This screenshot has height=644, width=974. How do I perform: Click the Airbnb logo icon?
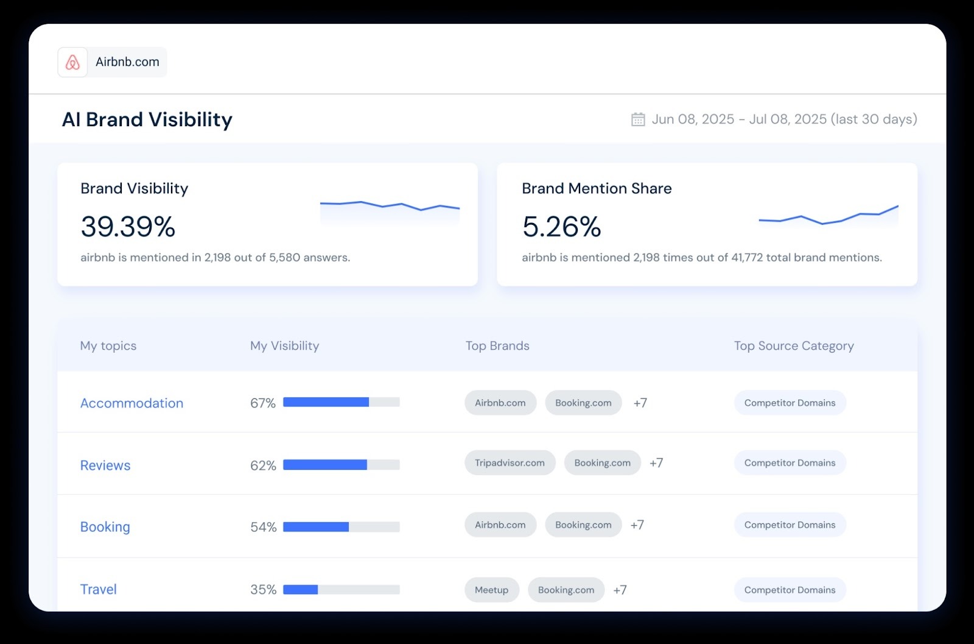tap(72, 62)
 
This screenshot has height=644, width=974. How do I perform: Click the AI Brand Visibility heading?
tap(147, 119)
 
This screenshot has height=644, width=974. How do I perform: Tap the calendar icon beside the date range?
tap(637, 119)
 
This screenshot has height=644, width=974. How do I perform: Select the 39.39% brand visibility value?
tap(128, 227)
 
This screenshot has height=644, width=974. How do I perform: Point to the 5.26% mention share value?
tap(561, 227)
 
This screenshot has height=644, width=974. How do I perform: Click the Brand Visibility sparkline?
tap(390, 207)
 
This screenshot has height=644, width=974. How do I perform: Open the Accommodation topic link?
tap(131, 403)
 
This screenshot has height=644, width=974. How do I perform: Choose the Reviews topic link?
tap(105, 465)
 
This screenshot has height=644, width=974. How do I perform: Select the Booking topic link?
tap(105, 527)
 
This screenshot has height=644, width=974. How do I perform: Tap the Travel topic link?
tap(99, 590)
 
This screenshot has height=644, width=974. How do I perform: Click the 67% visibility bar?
tap(341, 402)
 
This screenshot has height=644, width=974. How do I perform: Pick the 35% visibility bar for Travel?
tap(341, 590)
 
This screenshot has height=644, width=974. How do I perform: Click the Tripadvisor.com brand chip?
tap(510, 463)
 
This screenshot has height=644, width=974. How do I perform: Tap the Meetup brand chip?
tap(491, 590)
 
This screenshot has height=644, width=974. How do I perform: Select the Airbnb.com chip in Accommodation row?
tap(500, 403)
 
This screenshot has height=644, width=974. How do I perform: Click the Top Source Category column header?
tap(793, 346)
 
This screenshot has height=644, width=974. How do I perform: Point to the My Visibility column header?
tap(284, 346)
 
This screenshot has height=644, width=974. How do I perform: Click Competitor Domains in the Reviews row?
tap(790, 463)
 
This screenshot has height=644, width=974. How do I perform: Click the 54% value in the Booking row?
tap(263, 527)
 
